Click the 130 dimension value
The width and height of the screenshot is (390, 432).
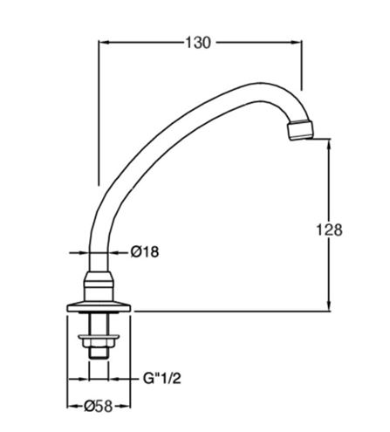pos(198,43)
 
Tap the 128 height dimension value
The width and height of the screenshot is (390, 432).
pos(329,230)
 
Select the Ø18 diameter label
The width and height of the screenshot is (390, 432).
pos(145,252)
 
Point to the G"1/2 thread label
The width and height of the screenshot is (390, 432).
pos(162,379)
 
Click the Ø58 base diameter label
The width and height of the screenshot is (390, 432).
pos(99,406)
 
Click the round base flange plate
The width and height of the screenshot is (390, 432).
pos(99,307)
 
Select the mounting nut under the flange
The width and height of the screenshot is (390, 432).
pos(99,340)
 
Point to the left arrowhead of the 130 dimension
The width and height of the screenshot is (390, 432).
pos(104,43)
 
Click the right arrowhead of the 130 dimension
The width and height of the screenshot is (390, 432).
pos(297,43)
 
